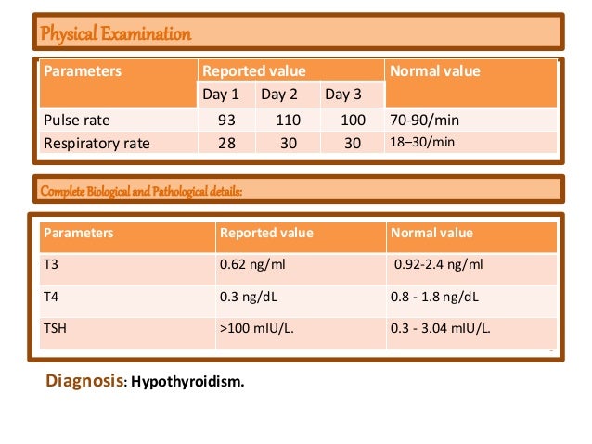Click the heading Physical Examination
click(114, 35)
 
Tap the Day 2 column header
click(278, 95)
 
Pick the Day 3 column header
click(339, 95)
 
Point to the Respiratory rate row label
click(97, 143)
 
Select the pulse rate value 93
click(226, 121)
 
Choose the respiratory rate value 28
click(226, 143)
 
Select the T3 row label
click(52, 264)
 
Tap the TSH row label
click(56, 328)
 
